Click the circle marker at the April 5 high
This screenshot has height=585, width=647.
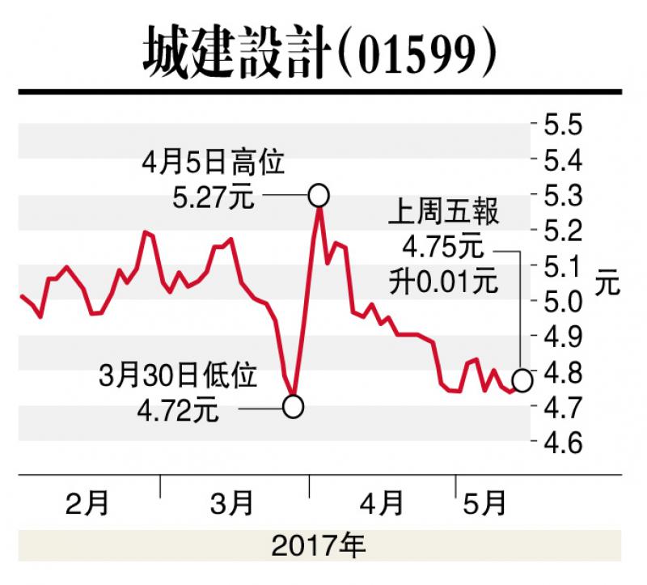click(318, 195)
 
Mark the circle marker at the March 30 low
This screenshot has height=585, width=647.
click(294, 406)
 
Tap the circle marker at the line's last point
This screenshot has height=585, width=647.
click(522, 379)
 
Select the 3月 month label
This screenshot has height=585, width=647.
click(232, 504)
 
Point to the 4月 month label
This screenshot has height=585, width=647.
click(380, 504)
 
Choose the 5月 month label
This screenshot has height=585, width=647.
click(483, 504)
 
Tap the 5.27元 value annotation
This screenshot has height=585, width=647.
click(214, 197)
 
